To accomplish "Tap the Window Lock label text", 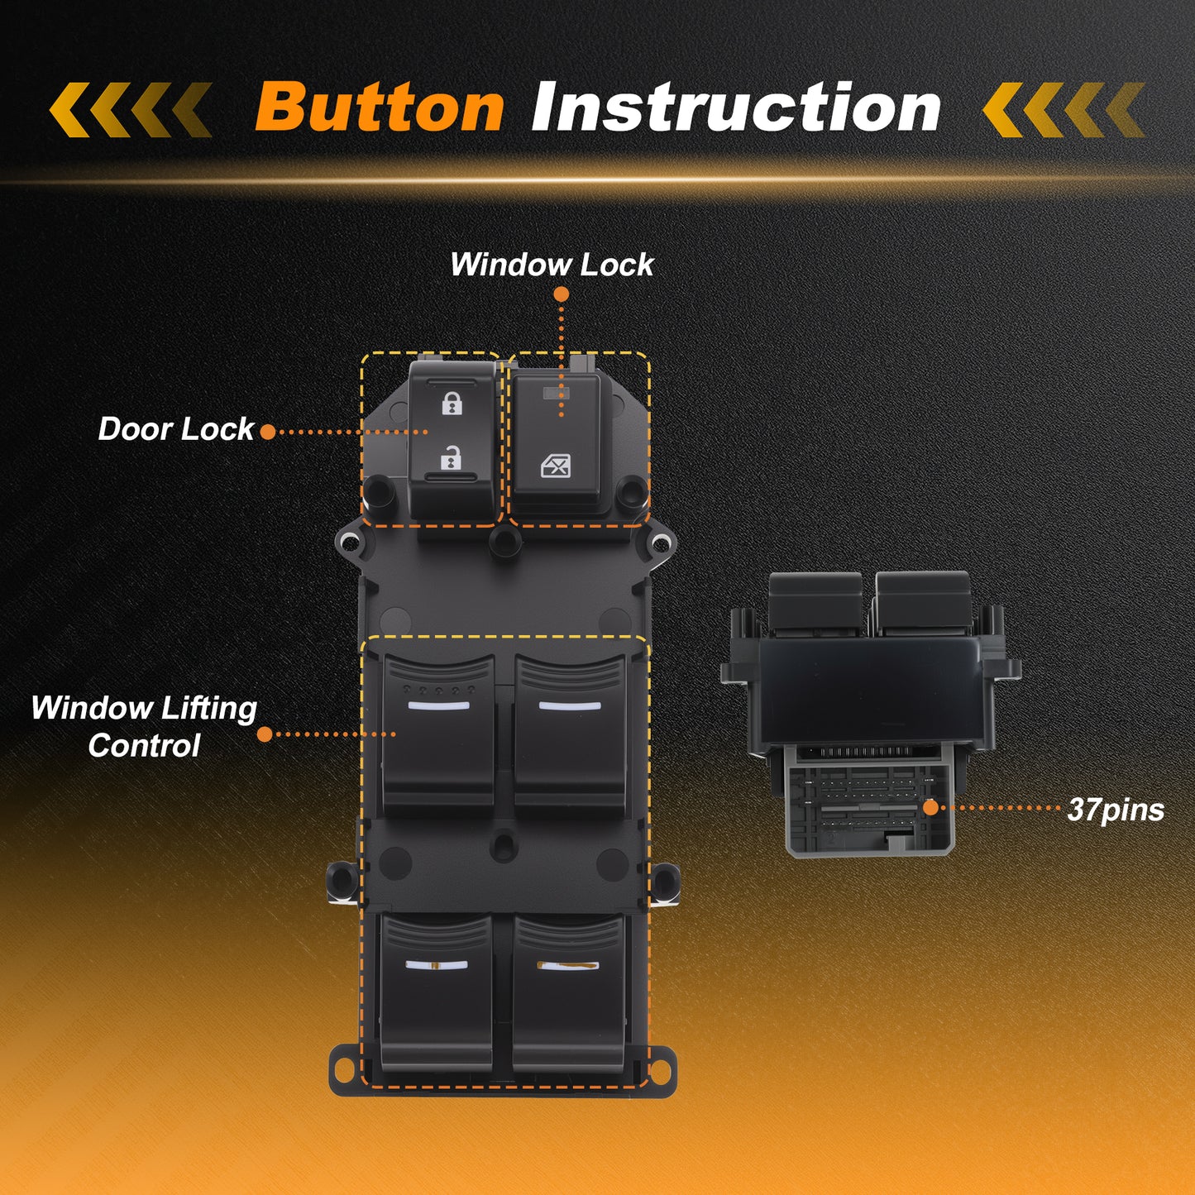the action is click(552, 265).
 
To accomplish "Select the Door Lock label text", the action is click(176, 429).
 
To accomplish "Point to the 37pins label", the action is click(1116, 810).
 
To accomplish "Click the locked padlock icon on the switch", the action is click(452, 403).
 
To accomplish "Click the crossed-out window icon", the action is click(556, 466).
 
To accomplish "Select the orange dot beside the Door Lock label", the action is click(268, 433).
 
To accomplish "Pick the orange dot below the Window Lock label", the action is click(562, 294).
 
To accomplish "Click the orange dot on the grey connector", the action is click(931, 807).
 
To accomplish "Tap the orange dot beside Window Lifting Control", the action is click(265, 735).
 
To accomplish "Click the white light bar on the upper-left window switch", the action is click(438, 705).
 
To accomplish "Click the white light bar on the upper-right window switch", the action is click(570, 705).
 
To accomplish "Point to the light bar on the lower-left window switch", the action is click(437, 965).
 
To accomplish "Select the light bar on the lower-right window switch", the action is click(568, 966).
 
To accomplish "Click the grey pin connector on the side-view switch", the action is click(869, 800).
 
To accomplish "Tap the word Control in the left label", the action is click(144, 745).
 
